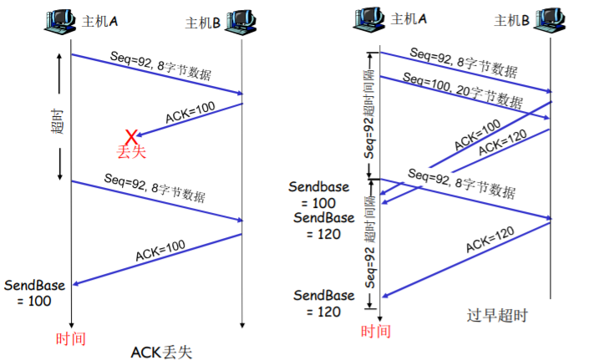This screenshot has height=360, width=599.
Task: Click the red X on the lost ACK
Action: [131, 137]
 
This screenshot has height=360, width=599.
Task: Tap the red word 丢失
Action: [131, 151]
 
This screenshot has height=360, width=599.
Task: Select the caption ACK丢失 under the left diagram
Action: [161, 352]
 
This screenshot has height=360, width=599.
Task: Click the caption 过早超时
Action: [497, 316]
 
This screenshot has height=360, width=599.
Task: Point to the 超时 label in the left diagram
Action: [58, 121]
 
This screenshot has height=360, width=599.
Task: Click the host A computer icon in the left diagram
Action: [59, 22]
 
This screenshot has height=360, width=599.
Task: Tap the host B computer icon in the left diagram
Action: [241, 22]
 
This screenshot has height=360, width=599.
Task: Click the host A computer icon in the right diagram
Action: [368, 20]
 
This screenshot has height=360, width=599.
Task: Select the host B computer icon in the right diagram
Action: [550, 20]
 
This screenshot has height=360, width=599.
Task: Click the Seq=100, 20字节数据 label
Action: [463, 90]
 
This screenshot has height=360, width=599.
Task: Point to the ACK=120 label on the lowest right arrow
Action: [490, 240]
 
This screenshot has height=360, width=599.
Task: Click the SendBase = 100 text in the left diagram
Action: [34, 293]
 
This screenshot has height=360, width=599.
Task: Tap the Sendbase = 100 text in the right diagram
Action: [319, 195]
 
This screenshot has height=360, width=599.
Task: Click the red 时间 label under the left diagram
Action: [71, 338]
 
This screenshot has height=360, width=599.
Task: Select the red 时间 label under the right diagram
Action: [376, 331]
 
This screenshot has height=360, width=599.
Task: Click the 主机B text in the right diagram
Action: [511, 20]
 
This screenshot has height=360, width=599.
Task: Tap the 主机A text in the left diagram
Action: [99, 21]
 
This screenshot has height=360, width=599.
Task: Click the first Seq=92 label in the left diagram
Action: [160, 66]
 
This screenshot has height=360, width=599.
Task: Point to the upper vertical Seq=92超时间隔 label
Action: [369, 114]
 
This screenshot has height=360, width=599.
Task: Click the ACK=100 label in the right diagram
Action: [477, 134]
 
